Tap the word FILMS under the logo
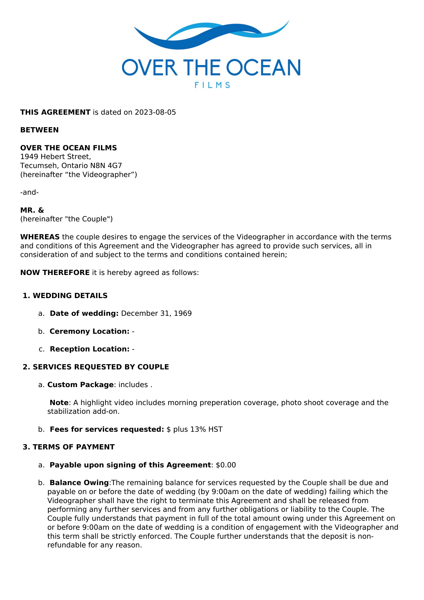(212, 85)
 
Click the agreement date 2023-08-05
(155, 112)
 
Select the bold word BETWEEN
(39, 130)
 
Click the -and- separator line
(29, 192)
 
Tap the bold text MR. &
(32, 210)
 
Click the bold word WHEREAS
(40, 237)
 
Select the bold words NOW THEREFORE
(55, 273)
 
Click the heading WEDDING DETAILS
(70, 296)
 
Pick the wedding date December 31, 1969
(156, 313)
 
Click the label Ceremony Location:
(89, 331)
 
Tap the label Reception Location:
(89, 349)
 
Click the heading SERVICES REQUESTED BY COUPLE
(101, 367)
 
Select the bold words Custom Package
(80, 385)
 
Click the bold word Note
(59, 402)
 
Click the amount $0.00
(226, 465)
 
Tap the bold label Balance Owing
(79, 483)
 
